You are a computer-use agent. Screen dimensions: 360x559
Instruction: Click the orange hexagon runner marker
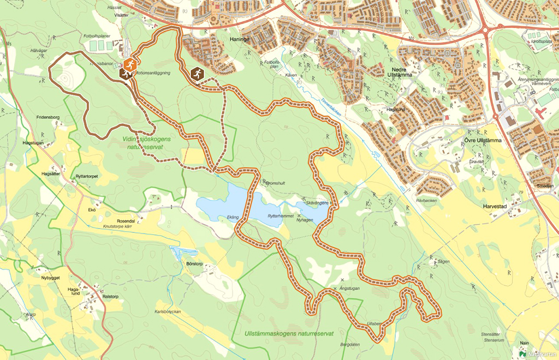(129, 64)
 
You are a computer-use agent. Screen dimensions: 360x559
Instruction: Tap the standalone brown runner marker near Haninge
(197, 74)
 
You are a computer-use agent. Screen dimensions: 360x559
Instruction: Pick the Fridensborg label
(48, 117)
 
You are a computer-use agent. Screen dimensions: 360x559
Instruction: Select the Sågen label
(443, 261)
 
